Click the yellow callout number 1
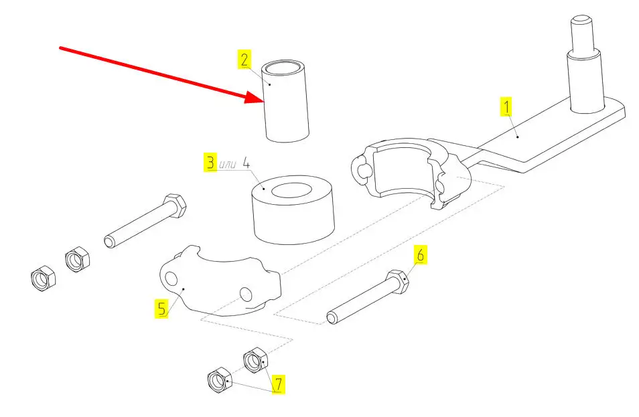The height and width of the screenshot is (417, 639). (506, 107)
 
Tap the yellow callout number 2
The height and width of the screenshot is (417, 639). (244, 60)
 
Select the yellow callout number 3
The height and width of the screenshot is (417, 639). (210, 163)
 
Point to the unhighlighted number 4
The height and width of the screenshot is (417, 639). (246, 163)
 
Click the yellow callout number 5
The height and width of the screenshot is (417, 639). (162, 309)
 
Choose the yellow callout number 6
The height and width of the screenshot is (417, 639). (421, 255)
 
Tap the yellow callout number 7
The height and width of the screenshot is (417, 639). (278, 384)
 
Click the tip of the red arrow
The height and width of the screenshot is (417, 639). (264, 102)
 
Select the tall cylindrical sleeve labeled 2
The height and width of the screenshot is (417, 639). (285, 101)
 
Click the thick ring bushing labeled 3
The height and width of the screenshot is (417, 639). (293, 210)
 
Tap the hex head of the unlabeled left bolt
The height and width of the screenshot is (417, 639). (175, 205)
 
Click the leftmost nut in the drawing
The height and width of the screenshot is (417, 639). (43, 278)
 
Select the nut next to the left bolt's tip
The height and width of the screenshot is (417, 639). (77, 259)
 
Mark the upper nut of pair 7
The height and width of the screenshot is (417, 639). (257, 360)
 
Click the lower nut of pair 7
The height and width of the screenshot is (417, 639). (220, 380)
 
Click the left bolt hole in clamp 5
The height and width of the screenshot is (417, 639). (171, 278)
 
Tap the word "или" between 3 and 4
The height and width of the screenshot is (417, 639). (227, 164)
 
